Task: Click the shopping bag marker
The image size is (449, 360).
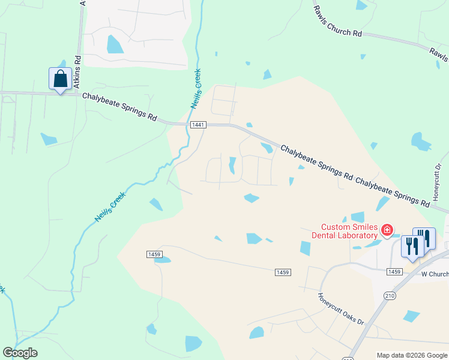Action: point(60,79)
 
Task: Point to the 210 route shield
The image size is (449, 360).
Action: point(390,296)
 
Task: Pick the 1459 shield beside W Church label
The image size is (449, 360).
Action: point(394,272)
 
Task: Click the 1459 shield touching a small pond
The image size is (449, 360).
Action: point(154,254)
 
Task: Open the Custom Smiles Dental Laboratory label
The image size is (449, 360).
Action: point(349,231)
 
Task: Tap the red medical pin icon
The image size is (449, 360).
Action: point(387,229)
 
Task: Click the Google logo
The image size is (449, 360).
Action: point(20,353)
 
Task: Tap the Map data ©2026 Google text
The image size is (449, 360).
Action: point(411,355)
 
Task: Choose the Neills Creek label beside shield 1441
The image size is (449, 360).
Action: point(196,89)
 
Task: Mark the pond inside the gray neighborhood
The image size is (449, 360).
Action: point(114,44)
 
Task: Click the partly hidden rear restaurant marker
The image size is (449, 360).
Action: point(427,236)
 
